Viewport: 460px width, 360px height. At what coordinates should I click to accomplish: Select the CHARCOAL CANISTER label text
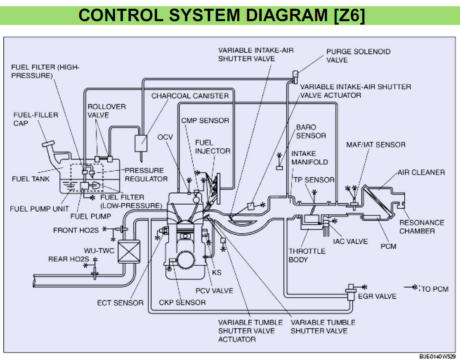coord(190,96)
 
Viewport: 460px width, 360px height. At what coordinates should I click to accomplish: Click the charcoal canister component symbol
coord(141,143)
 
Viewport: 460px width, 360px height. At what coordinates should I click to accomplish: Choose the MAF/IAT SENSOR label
coord(376,144)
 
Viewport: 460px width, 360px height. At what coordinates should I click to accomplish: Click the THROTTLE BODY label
coord(307,255)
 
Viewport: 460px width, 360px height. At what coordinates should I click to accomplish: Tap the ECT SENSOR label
coord(120,303)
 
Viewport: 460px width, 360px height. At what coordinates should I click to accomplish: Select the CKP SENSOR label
coord(182,302)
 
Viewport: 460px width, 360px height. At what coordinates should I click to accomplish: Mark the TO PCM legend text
coord(435,289)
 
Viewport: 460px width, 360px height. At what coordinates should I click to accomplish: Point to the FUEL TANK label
coord(31,179)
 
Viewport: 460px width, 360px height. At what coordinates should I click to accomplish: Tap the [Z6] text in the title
coord(349,15)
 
